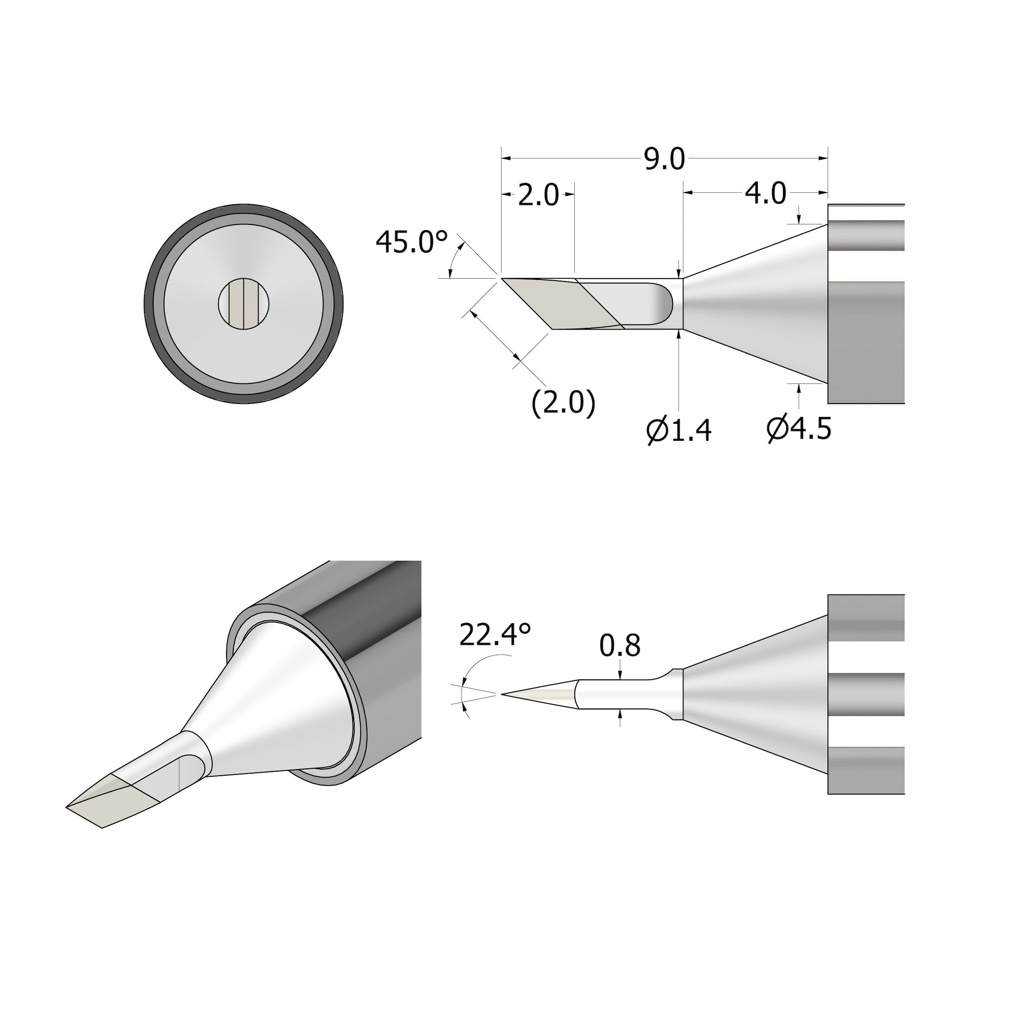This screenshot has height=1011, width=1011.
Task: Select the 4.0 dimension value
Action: click(765, 194)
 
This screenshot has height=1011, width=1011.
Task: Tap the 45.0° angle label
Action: click(412, 243)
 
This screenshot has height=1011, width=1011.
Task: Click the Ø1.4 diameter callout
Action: click(679, 430)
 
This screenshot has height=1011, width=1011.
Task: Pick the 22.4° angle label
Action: click(495, 635)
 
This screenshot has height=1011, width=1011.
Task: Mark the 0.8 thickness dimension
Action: click(620, 646)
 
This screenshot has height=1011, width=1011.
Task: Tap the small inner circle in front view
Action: click(243, 304)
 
